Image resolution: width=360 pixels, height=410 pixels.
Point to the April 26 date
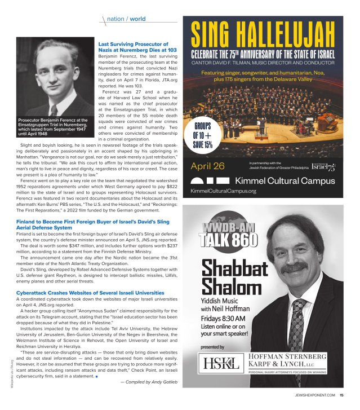click(x=208, y=166)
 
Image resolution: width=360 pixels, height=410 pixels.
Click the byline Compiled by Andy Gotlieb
click(x=149, y=382)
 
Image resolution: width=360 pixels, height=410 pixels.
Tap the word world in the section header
click(x=137, y=18)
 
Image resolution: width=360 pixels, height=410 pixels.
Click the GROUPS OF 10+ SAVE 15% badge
click(x=203, y=135)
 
